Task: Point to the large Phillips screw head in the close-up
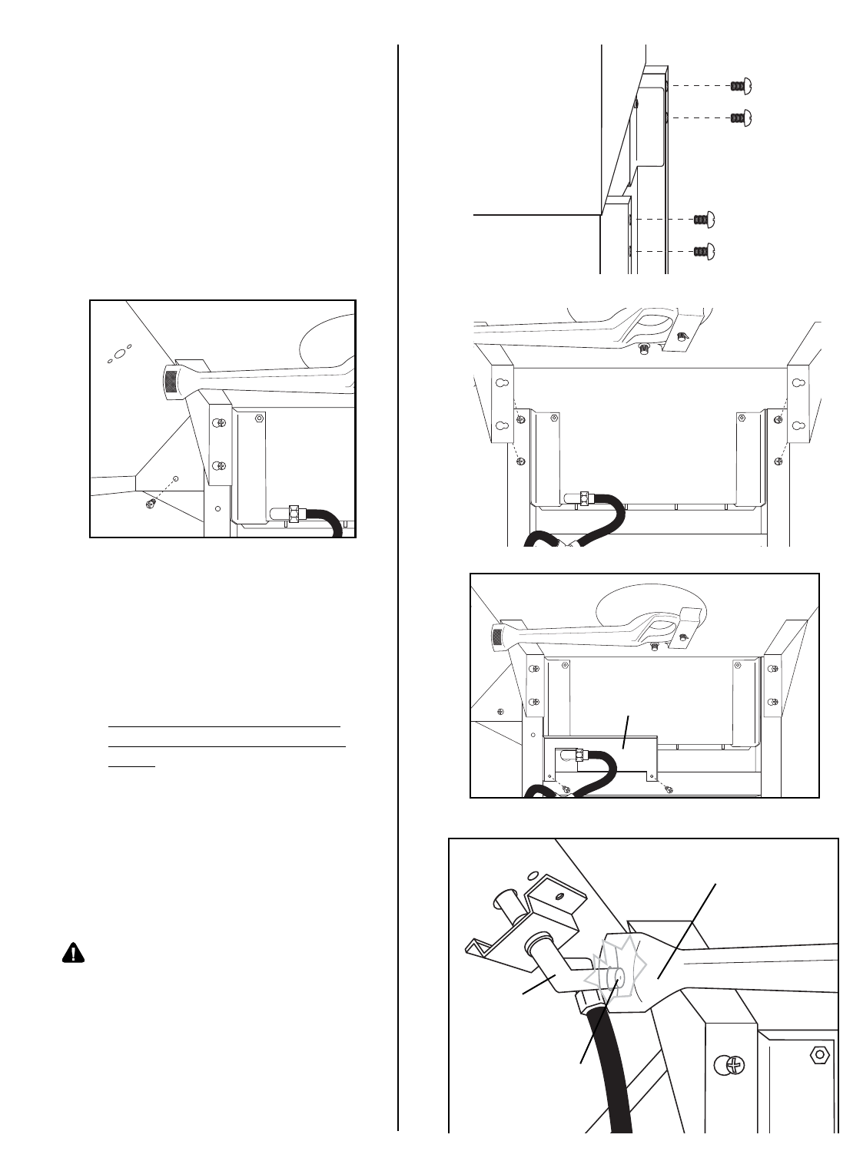[x=731, y=1065]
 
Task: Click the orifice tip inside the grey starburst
[x=616, y=980]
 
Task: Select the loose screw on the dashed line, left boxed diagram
[x=151, y=503]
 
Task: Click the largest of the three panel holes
[x=119, y=354]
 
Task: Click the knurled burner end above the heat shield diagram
[x=498, y=635]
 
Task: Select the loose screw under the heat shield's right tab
[x=669, y=789]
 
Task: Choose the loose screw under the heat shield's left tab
[x=565, y=789]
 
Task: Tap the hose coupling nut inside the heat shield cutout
[x=584, y=757]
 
